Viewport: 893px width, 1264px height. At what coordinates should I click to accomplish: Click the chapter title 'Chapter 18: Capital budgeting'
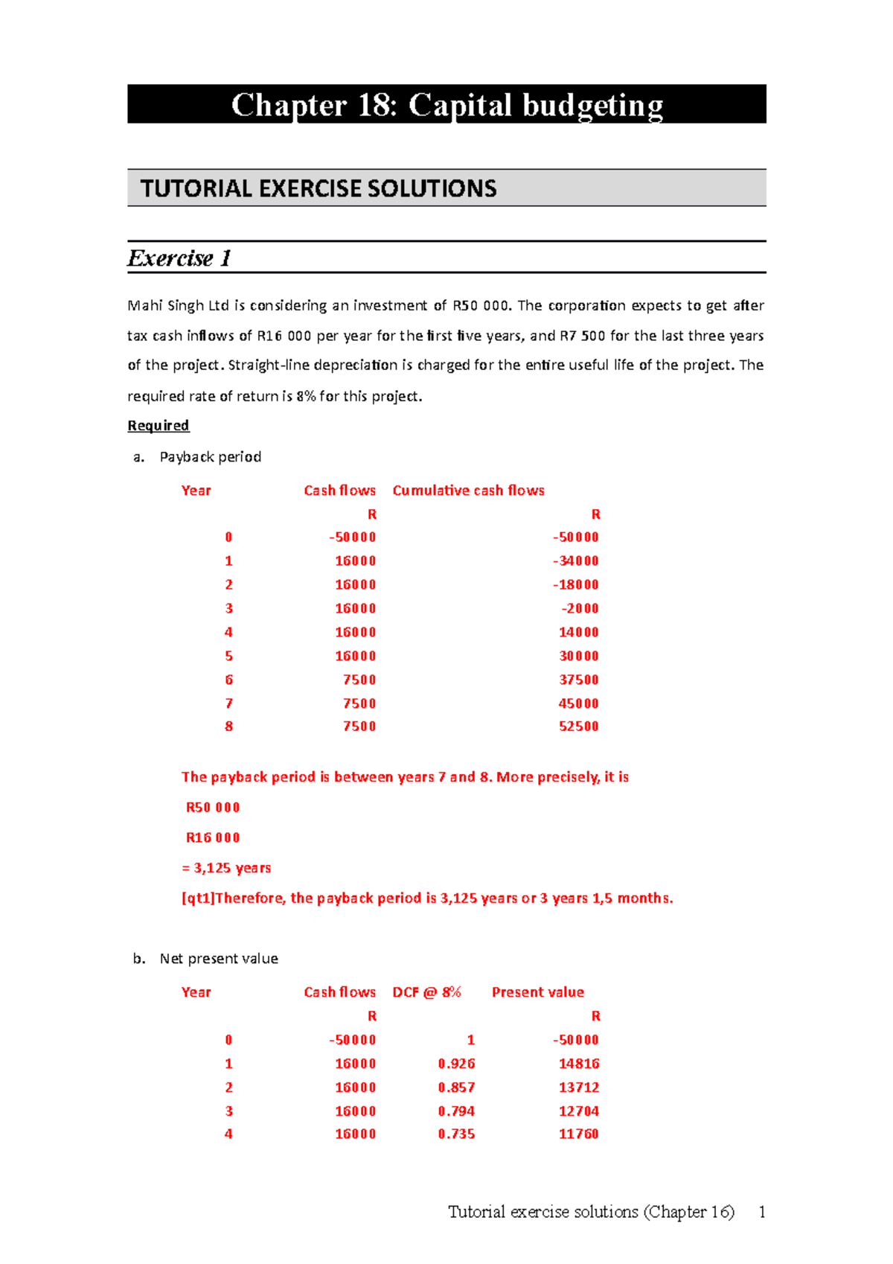(446, 105)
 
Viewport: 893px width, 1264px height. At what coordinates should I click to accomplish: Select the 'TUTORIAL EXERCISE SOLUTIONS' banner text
(319, 188)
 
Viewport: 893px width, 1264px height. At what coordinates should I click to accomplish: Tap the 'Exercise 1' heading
(179, 258)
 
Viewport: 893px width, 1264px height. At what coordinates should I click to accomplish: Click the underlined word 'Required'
(159, 426)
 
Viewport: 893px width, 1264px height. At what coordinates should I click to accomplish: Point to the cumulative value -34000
(575, 561)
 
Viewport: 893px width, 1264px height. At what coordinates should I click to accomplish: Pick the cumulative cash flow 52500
(578, 727)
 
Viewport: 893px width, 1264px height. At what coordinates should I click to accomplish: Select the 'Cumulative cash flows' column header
(468, 491)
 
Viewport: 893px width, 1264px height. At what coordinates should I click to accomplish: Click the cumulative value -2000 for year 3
(580, 609)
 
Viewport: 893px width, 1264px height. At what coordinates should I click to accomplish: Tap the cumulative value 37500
(578, 680)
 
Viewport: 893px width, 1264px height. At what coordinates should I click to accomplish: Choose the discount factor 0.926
(456, 1064)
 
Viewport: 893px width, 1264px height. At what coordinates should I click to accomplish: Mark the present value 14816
(578, 1064)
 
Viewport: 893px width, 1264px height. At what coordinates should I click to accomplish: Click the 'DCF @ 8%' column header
(426, 992)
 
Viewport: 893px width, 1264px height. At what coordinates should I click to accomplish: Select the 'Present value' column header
(537, 992)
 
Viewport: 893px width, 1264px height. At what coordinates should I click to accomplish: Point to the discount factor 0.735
(456, 1134)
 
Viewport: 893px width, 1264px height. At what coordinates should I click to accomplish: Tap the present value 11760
(578, 1134)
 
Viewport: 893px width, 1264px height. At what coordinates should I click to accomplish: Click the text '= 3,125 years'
(226, 868)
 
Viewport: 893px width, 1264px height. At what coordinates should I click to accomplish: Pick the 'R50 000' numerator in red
(213, 808)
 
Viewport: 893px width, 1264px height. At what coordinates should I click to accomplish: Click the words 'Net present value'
(219, 959)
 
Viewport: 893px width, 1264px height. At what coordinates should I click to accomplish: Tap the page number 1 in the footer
(761, 1213)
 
